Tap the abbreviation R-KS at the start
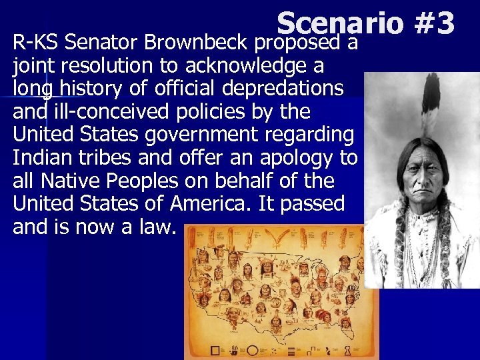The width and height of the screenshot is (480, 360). point(33,45)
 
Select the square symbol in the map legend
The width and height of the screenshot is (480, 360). point(215,350)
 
